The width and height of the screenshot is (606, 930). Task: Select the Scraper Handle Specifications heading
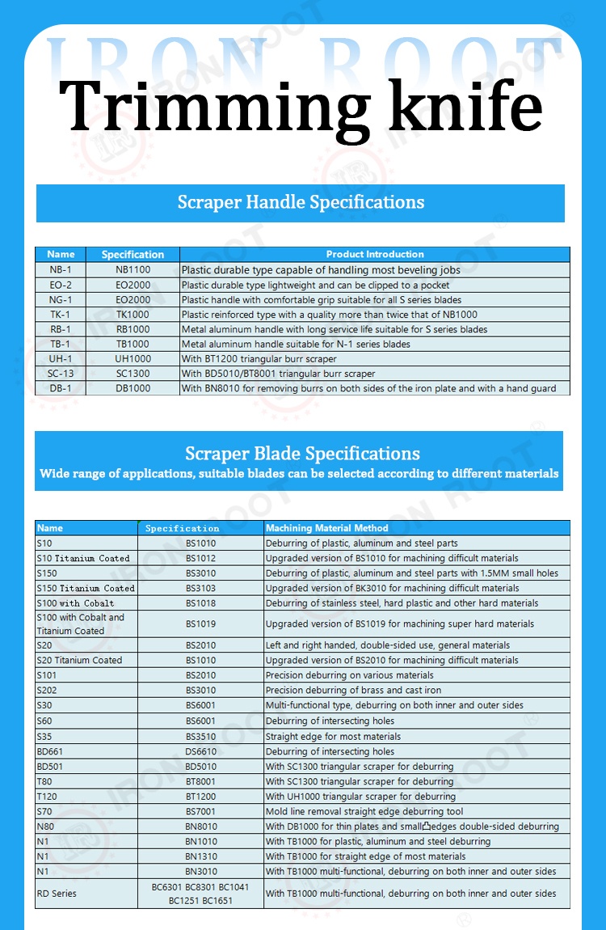point(301,202)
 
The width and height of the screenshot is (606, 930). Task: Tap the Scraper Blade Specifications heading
point(302,454)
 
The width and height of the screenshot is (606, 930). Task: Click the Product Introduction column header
point(375,254)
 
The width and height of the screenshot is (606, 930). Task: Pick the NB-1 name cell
point(61,269)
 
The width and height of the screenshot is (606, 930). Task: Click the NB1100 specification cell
point(133,269)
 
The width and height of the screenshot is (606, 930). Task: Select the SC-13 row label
point(61,374)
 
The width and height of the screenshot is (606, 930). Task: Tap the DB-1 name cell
point(61,388)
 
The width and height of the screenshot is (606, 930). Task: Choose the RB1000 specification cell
point(133,329)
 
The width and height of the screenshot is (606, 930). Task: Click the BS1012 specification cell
point(200,558)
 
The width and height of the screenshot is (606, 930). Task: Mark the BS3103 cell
point(200,588)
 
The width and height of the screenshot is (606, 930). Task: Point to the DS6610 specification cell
point(200,751)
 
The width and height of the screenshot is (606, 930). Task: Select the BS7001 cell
point(200,811)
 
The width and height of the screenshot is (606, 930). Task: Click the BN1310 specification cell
point(200,856)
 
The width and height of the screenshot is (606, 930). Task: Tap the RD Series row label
point(57,894)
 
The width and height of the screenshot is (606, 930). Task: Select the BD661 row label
point(49,751)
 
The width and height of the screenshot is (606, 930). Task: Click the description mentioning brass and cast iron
point(353,690)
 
